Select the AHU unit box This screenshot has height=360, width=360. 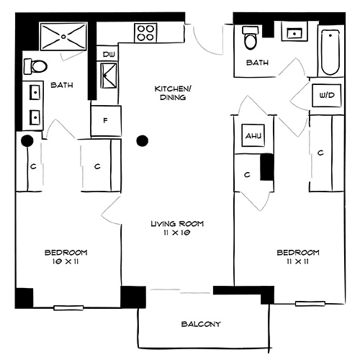click(x=252, y=135)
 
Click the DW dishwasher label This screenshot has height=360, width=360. click(x=109, y=55)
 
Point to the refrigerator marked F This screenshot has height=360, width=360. click(x=105, y=120)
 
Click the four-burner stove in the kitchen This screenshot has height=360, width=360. click(x=146, y=33)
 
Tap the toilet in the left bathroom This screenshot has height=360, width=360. click(x=35, y=67)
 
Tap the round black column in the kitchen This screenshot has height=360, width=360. click(x=143, y=140)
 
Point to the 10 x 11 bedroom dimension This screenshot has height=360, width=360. click(x=66, y=263)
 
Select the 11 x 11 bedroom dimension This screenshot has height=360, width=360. click(x=298, y=263)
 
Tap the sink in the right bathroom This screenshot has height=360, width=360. click(x=294, y=32)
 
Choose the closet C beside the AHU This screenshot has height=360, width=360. click(x=247, y=174)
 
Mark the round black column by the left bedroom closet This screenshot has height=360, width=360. click(x=27, y=141)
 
